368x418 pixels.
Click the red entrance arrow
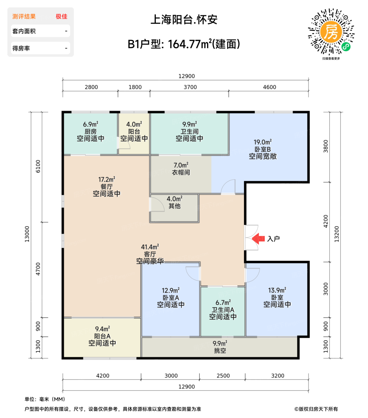258,239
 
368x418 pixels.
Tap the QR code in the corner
331,32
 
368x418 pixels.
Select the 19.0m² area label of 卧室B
263,142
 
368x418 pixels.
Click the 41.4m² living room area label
150,247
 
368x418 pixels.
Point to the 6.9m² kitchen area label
90,124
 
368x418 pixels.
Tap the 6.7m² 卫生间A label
223,303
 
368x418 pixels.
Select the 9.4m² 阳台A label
102,329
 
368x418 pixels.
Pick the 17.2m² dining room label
107,180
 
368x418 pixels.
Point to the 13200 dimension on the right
337,234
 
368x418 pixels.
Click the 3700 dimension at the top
190,87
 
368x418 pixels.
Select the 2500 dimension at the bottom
223,376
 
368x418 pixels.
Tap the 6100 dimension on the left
38,166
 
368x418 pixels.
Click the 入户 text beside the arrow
273,239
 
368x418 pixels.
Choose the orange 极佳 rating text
61,17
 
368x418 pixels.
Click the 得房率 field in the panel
40,48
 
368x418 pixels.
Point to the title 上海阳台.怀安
184,20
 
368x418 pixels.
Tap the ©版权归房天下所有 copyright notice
316,409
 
